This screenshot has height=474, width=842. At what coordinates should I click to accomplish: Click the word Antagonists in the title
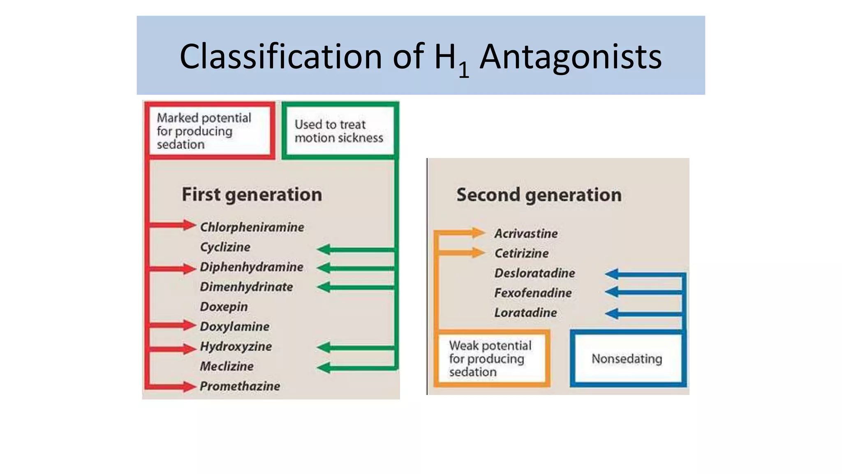click(571, 56)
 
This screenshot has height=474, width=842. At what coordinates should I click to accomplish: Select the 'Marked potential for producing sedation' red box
click(209, 131)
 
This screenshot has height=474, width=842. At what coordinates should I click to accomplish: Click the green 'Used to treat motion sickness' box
click(339, 131)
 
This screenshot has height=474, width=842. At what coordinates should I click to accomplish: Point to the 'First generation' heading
click(252, 195)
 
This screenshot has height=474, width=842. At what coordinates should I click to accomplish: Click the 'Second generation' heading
click(539, 195)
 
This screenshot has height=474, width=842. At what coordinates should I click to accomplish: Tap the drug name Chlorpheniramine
click(252, 227)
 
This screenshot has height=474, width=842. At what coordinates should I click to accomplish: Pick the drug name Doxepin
click(224, 307)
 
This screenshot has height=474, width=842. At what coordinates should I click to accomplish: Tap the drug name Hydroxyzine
click(236, 346)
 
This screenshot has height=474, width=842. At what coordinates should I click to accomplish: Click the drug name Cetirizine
click(521, 253)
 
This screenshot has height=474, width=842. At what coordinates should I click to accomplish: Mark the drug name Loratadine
click(525, 313)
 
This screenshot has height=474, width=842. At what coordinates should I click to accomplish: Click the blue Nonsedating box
click(627, 359)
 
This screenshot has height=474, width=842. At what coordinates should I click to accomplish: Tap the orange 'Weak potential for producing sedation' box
click(492, 359)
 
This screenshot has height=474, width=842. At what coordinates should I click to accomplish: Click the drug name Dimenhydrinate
click(246, 287)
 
